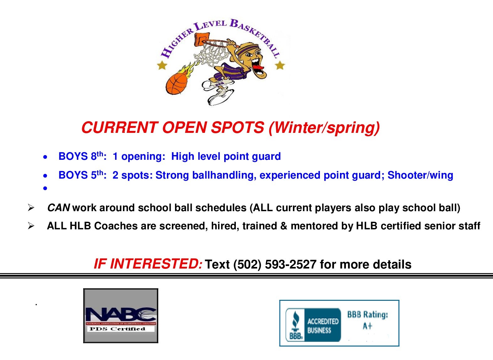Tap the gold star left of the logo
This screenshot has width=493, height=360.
click(x=162, y=65)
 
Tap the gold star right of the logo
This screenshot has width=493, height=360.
click(x=280, y=65)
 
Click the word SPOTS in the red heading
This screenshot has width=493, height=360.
click(x=237, y=128)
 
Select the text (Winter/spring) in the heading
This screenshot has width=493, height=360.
click(x=324, y=128)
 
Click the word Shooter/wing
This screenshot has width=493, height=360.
click(x=420, y=175)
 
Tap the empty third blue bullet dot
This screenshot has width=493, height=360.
click(x=45, y=188)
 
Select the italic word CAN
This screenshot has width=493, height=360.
click(x=59, y=208)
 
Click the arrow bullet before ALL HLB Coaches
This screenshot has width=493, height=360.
click(x=31, y=226)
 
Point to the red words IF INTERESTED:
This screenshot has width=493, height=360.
click(x=148, y=264)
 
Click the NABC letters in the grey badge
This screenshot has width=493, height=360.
click(x=121, y=315)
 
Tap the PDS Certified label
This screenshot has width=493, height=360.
click(x=117, y=329)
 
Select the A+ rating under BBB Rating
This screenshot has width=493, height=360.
click(x=367, y=326)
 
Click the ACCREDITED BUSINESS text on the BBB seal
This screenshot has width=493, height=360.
click(x=323, y=326)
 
